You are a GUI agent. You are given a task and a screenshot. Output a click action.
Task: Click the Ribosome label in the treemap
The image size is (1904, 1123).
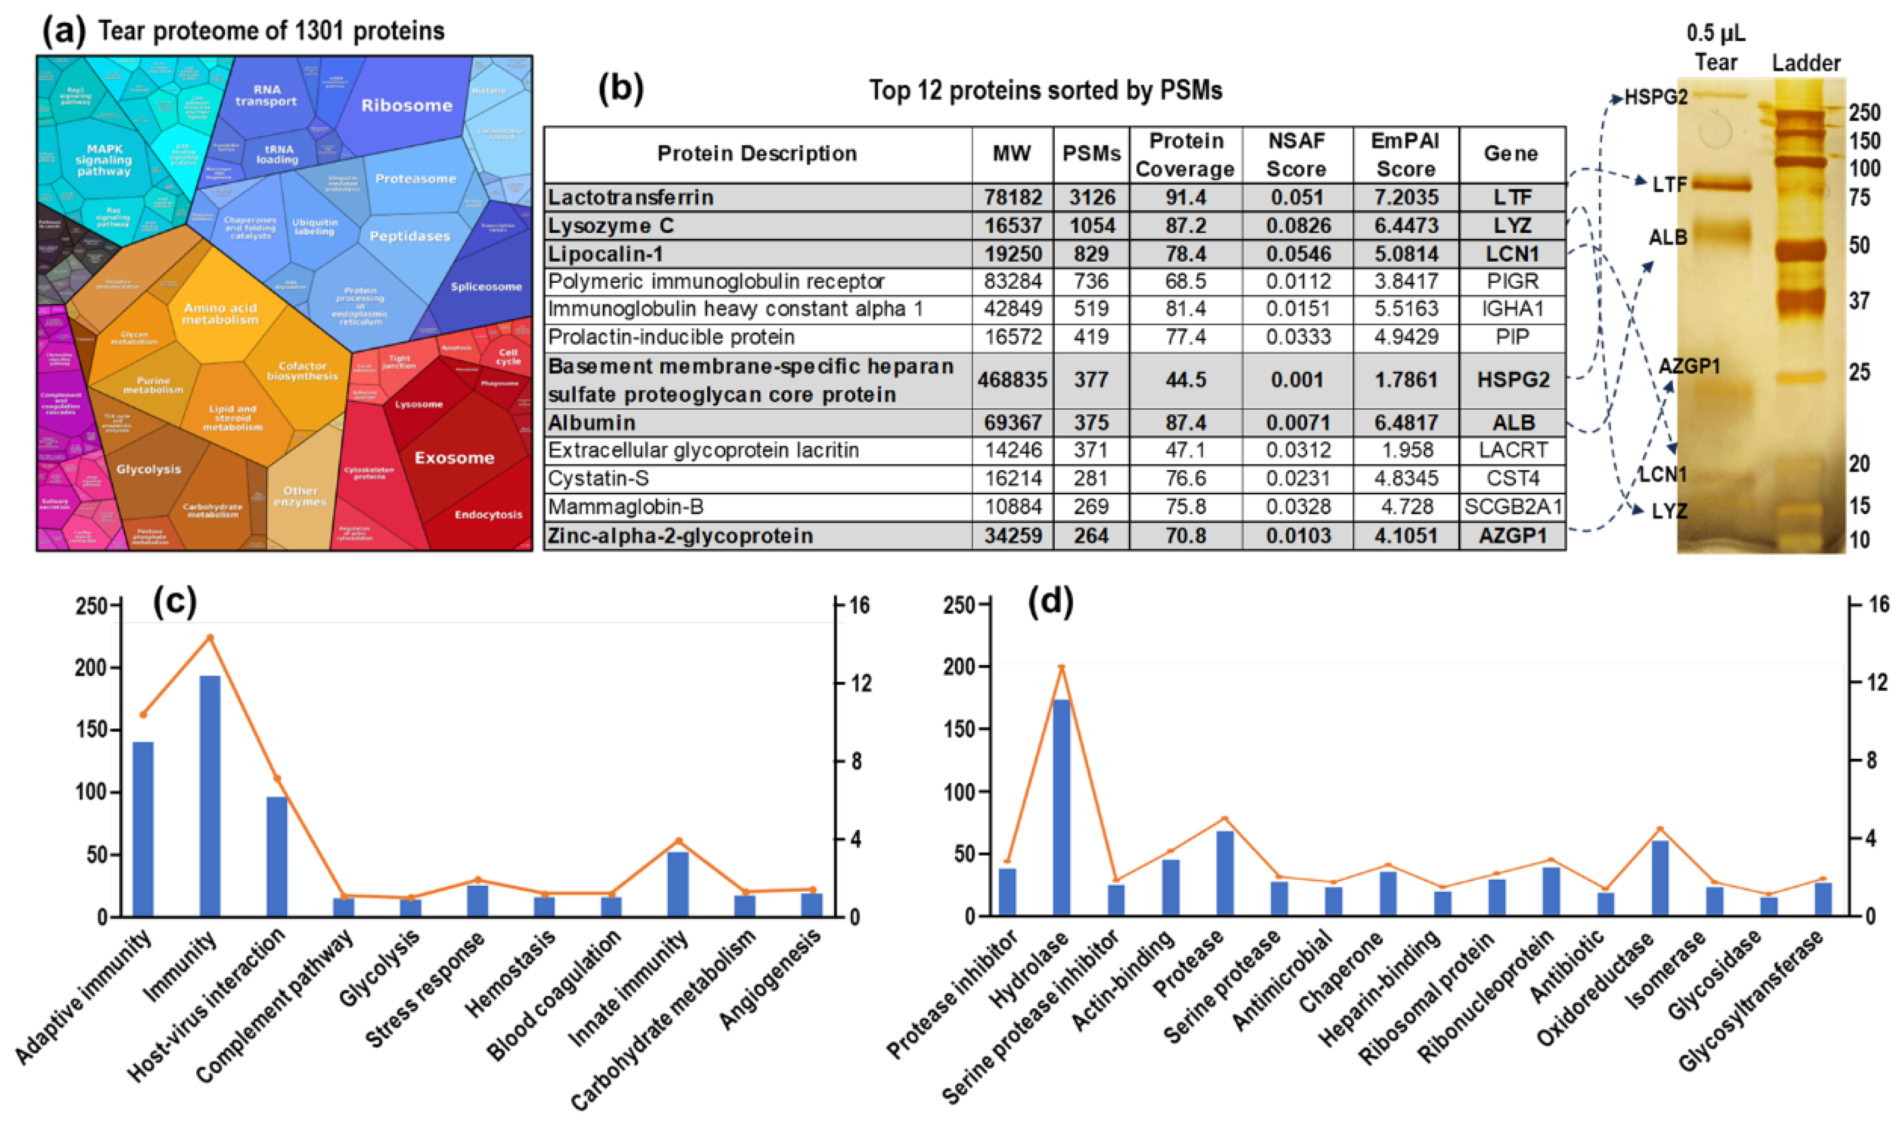pos(407,105)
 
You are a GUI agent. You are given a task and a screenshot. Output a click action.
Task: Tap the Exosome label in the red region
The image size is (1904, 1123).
pos(454,457)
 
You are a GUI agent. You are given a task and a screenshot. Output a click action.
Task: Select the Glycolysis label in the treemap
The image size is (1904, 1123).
pos(149,469)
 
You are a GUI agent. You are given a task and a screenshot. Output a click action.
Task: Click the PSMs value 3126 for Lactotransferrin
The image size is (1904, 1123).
pos(1091,197)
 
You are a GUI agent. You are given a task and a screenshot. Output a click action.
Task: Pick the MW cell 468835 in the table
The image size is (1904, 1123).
pos(1012,380)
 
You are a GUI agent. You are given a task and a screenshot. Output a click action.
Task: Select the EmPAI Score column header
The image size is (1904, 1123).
pos(1405,155)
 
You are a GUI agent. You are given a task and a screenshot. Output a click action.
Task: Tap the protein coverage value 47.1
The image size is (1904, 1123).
pos(1186,450)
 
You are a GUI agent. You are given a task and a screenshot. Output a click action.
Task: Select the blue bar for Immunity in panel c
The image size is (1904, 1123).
pos(210,794)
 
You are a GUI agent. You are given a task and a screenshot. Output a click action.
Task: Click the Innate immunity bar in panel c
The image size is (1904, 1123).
pos(678,884)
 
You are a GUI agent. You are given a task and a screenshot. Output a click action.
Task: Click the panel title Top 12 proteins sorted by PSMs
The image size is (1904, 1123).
pos(1045,91)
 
